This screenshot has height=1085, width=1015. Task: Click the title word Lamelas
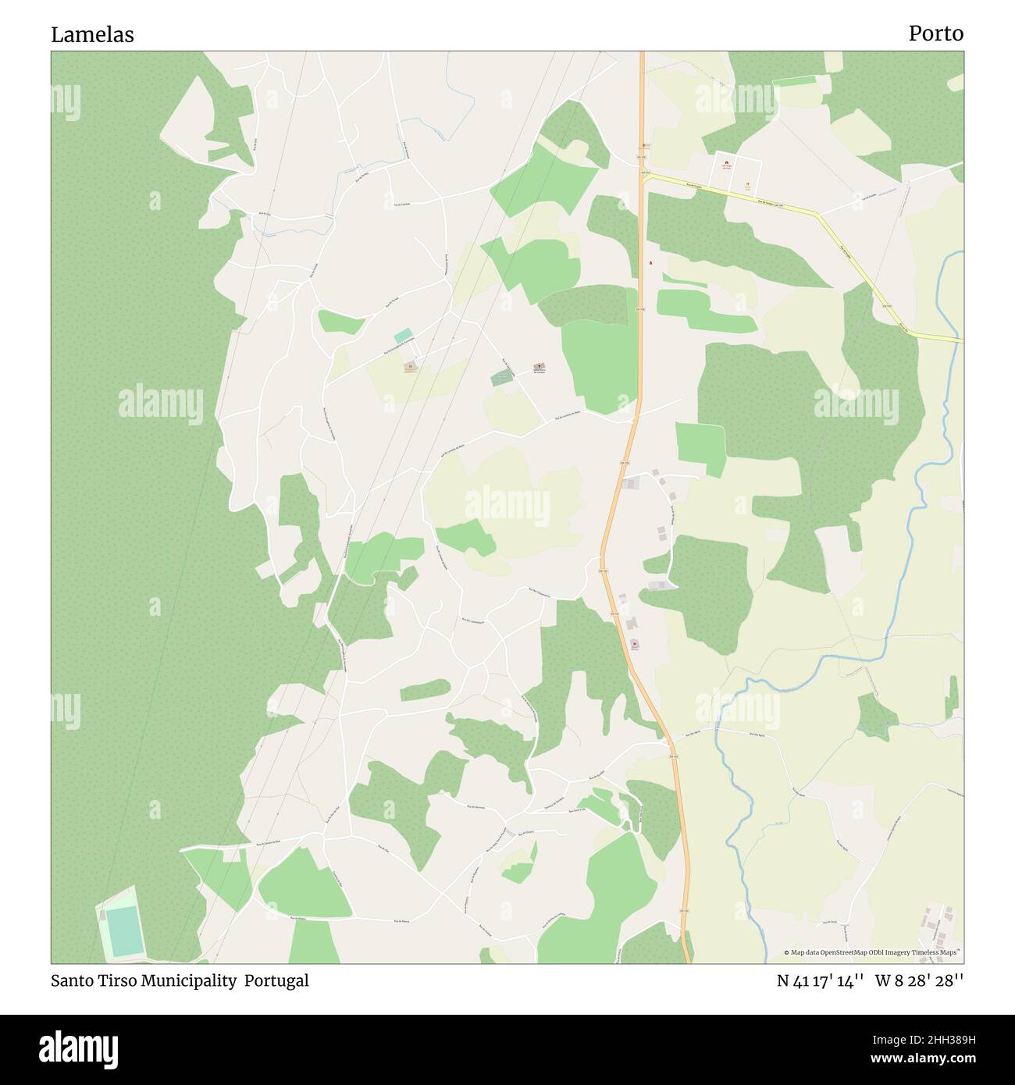tap(92, 34)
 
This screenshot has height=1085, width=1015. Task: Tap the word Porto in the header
tap(935, 34)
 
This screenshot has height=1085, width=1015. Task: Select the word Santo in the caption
tap(71, 980)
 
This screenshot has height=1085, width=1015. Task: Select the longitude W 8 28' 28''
tap(919, 980)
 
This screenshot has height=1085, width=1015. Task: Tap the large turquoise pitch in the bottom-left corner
tap(123, 931)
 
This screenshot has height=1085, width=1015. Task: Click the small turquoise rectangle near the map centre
tap(403, 336)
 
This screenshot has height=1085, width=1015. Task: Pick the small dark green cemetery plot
tap(504, 377)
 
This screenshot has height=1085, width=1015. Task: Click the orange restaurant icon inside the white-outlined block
tap(747, 185)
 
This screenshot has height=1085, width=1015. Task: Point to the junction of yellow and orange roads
tap(643, 178)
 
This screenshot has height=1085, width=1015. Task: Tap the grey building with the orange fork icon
tap(410, 366)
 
